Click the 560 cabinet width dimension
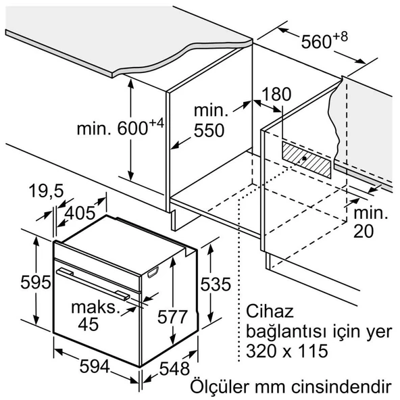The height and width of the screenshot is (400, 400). click(x=316, y=42)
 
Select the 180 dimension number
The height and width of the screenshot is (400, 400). click(x=276, y=94)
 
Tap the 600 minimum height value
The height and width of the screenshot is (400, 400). click(x=132, y=128)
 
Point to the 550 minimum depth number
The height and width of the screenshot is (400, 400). click(x=209, y=130)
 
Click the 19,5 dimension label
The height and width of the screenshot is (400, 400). click(x=46, y=191)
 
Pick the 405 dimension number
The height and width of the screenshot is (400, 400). click(x=80, y=213)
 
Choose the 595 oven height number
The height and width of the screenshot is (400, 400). click(x=36, y=282)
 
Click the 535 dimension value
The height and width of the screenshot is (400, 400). click(x=216, y=284)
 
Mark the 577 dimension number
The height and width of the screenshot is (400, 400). click(x=172, y=317)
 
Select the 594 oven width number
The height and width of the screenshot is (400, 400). click(x=95, y=366)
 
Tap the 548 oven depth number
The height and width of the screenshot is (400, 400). click(x=174, y=368)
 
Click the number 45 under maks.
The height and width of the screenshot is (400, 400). click(x=89, y=324)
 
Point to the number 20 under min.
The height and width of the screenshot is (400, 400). click(x=364, y=231)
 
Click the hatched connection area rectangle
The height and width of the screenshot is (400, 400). click(x=306, y=160)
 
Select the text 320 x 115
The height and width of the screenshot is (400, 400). click(x=287, y=351)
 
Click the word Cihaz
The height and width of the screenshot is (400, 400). click(x=270, y=311)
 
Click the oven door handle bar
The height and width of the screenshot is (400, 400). click(x=93, y=284)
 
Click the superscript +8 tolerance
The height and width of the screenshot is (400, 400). click(x=341, y=36)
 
